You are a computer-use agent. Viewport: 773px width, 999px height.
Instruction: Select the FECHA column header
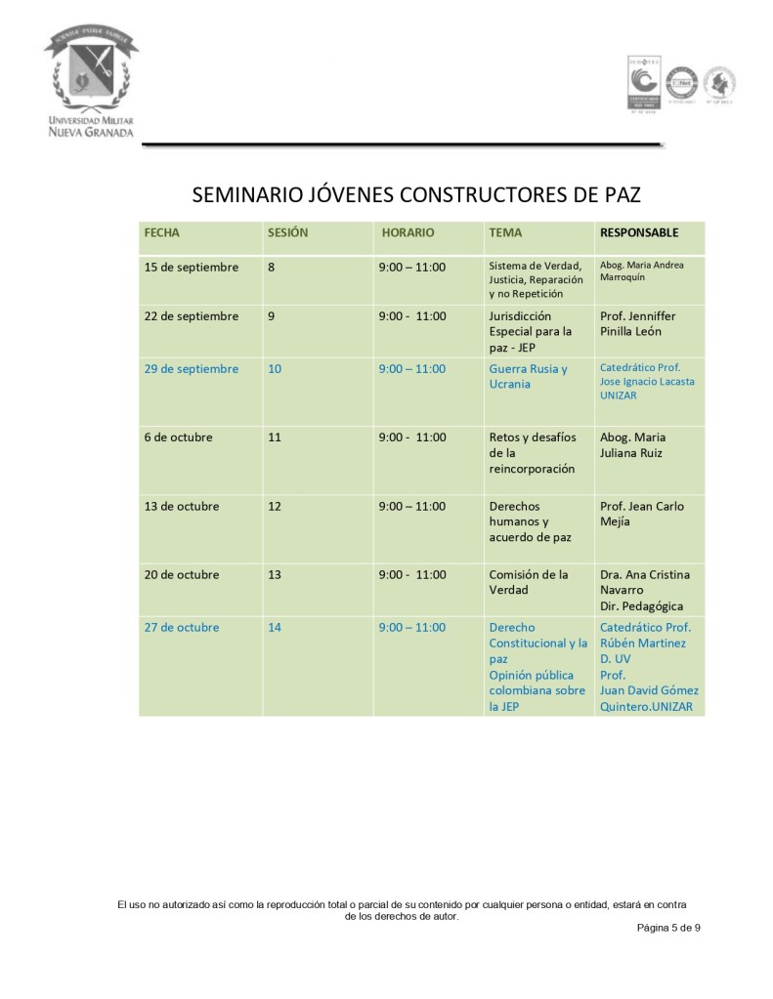pos(162,233)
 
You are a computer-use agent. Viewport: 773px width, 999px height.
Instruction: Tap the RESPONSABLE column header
pos(638,233)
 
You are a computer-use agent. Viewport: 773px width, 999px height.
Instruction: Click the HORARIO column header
pos(408,233)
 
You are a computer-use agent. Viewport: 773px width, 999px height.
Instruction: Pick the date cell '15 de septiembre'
pos(191,268)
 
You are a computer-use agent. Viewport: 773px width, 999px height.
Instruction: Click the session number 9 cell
pos(272,316)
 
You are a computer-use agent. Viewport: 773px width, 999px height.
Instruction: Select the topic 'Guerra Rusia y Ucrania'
pos(528,376)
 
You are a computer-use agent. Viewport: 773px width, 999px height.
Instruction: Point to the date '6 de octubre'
pos(178,437)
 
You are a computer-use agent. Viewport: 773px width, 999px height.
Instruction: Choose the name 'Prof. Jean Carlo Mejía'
pos(642,514)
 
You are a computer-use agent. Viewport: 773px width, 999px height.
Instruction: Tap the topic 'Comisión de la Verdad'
pos(529,582)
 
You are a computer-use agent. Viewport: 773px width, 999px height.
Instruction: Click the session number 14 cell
pos(275,628)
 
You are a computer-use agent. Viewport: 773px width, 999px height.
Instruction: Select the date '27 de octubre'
pos(181,628)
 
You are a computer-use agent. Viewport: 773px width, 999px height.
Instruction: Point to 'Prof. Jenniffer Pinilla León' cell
pos(637,323)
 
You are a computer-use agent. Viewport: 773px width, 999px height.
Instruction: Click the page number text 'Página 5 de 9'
pos(668,928)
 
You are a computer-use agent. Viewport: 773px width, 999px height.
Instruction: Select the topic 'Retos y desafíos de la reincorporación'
pos(533,453)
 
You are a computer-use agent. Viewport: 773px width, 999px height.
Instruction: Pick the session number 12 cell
pos(275,507)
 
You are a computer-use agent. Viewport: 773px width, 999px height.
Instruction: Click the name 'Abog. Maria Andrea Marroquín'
pos(641,271)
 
